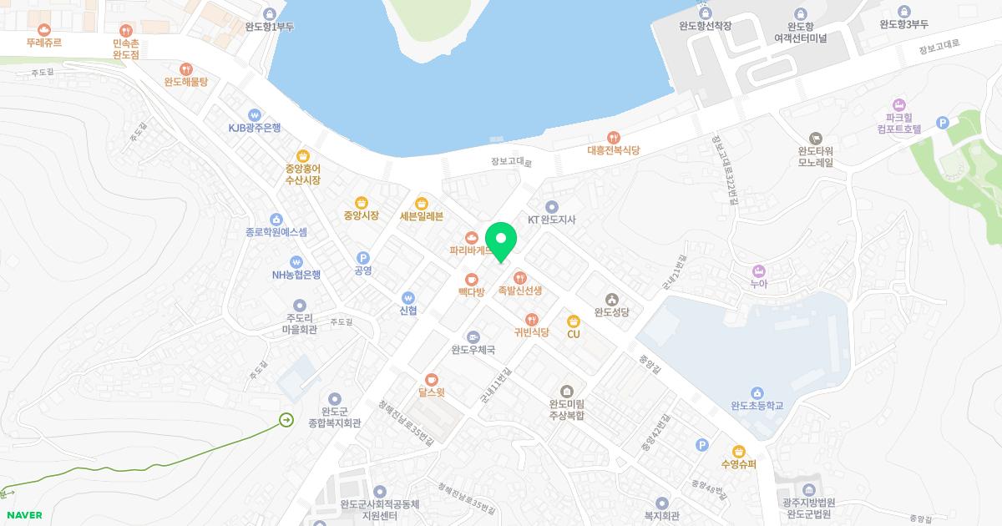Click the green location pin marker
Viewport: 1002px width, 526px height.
pos(501,240)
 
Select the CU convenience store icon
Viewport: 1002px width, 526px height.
pos(573,321)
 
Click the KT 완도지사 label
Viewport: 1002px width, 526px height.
pos(552,220)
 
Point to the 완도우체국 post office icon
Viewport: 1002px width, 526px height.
pos(473,336)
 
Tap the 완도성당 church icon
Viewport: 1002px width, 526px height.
pos(611,299)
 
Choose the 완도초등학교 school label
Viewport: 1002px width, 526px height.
pos(757,406)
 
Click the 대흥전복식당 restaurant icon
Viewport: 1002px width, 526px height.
pos(614,137)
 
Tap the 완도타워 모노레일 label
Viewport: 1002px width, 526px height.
pos(816,157)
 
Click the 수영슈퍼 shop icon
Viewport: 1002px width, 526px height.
pos(738,451)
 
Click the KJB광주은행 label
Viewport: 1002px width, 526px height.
pos(255,128)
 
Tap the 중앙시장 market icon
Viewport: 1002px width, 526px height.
pos(361,202)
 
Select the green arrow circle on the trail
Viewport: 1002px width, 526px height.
pos(286,419)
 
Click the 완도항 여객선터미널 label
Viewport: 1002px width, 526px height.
pos(800,33)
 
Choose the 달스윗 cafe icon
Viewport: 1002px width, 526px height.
pos(431,379)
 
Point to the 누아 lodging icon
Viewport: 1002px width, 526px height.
pos(758,271)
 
